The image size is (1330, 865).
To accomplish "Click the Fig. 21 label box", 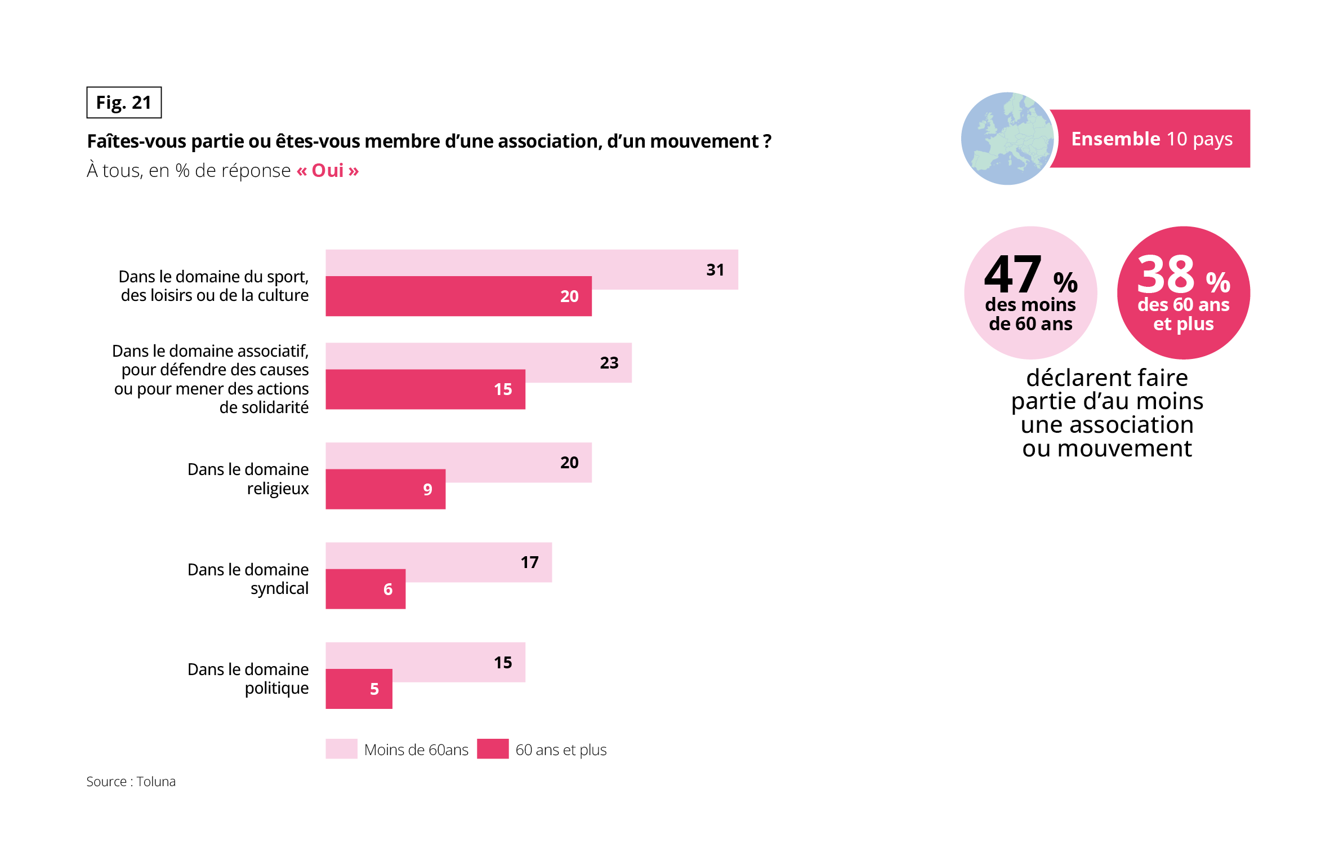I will pyautogui.click(x=124, y=103).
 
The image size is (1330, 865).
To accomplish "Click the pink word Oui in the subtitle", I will pyautogui.click(x=327, y=170).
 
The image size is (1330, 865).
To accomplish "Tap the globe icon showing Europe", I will pyautogui.click(x=1007, y=139).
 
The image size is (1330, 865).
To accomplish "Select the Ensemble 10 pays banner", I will pyautogui.click(x=1151, y=139).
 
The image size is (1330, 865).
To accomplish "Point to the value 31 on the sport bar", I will pyautogui.click(x=715, y=270).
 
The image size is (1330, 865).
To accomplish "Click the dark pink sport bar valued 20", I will pyautogui.click(x=458, y=296).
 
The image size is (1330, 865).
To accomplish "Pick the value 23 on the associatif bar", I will pyautogui.click(x=609, y=363).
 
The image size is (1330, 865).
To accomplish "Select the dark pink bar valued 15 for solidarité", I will pyautogui.click(x=425, y=389).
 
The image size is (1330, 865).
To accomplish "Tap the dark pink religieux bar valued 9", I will pyautogui.click(x=385, y=489).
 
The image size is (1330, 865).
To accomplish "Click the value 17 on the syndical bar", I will pyautogui.click(x=529, y=562).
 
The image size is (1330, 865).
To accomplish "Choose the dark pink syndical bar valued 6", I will pyautogui.click(x=365, y=589).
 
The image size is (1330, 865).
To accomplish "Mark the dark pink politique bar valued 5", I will pyautogui.click(x=359, y=689).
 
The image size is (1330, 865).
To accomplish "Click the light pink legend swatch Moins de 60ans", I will pyautogui.click(x=341, y=749).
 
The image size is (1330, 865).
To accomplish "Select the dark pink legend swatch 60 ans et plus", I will pyautogui.click(x=493, y=749).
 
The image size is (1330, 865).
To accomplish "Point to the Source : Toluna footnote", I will pyautogui.click(x=131, y=782).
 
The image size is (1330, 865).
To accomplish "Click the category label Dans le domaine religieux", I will pyautogui.click(x=248, y=479).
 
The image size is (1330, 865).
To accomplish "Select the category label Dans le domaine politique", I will pyautogui.click(x=248, y=678).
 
